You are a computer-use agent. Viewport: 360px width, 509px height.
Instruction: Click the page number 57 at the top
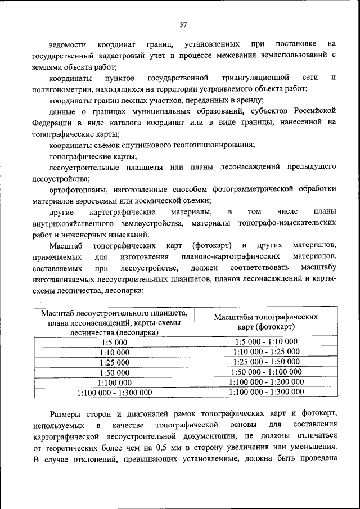click(x=183, y=24)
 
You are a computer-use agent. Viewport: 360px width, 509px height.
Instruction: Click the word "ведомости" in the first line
click(x=67, y=44)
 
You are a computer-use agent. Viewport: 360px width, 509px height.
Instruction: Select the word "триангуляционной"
click(x=260, y=77)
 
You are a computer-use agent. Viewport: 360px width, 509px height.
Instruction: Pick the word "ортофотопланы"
click(x=78, y=190)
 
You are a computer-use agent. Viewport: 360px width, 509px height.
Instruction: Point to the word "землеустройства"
click(x=154, y=223)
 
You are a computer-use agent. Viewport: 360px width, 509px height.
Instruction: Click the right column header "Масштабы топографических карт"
click(x=265, y=322)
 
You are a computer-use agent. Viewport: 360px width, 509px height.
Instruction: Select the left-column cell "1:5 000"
click(x=114, y=342)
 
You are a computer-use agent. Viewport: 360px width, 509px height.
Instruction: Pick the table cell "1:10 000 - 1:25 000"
click(x=265, y=352)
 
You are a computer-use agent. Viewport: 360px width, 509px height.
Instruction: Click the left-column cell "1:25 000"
click(x=114, y=362)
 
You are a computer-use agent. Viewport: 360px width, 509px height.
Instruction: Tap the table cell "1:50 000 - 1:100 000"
click(x=265, y=372)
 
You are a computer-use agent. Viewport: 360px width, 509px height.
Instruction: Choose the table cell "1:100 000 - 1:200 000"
click(x=265, y=382)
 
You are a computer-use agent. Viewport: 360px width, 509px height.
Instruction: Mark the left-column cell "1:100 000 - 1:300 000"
click(x=114, y=393)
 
